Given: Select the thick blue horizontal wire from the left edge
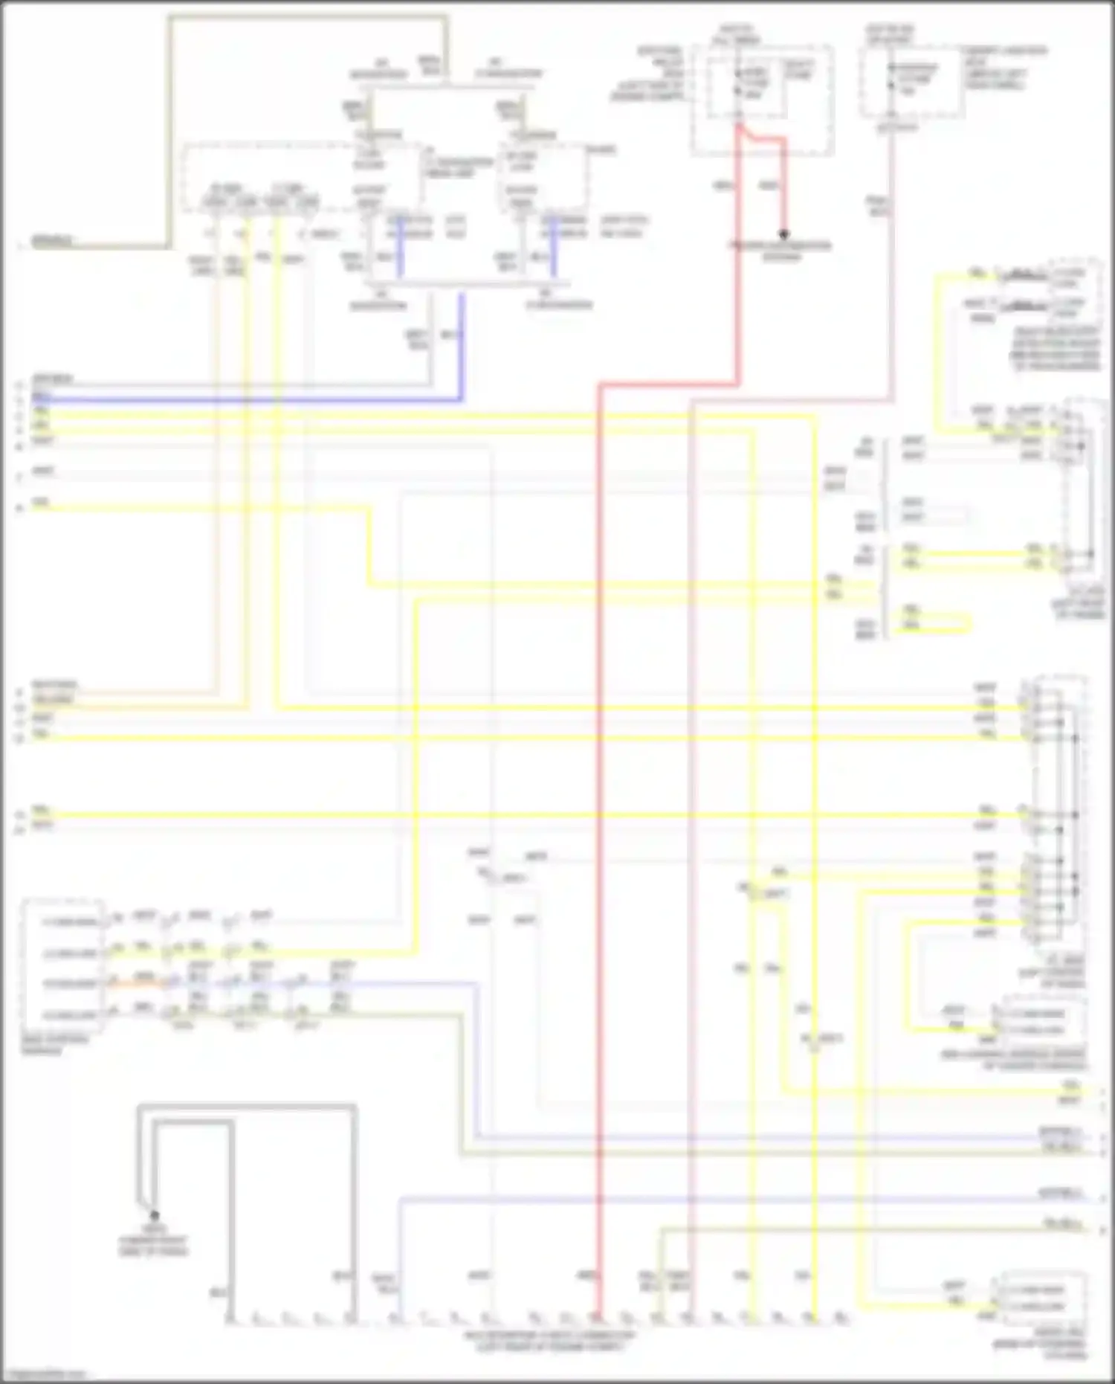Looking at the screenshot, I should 245,400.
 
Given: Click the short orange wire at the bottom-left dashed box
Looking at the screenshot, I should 138,983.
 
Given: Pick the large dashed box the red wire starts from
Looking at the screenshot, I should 762,100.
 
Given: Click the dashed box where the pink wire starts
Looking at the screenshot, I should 912,82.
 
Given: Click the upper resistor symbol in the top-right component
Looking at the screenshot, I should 1025,276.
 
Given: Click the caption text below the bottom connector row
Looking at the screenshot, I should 550,1342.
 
